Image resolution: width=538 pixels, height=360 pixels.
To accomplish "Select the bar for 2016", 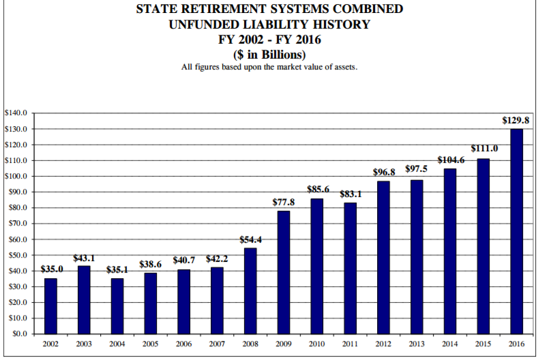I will [517, 232].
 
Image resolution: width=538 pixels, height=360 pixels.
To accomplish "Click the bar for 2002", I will [50, 306].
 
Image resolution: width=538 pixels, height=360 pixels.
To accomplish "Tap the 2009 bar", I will [284, 272].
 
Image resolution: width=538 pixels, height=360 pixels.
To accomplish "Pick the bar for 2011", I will [350, 268].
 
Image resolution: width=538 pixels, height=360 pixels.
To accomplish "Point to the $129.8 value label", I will [516, 120].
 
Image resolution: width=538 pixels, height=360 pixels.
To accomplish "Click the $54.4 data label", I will [251, 240].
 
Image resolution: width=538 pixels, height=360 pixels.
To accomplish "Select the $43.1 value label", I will [84, 258].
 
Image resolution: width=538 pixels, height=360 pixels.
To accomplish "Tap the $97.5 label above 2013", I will [417, 168].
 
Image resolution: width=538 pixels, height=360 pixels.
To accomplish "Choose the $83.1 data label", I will [350, 194].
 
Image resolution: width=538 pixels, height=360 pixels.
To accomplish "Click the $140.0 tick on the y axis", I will [15, 112].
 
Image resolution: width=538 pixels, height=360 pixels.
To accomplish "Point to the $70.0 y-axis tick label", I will [16, 224].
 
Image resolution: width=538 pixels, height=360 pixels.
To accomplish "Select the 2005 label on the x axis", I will [151, 345].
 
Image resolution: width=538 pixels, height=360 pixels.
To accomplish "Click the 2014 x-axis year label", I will [450, 345].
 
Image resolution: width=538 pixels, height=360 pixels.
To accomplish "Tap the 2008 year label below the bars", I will [250, 345].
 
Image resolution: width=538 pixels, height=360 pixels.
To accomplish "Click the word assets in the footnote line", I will [342, 67].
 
